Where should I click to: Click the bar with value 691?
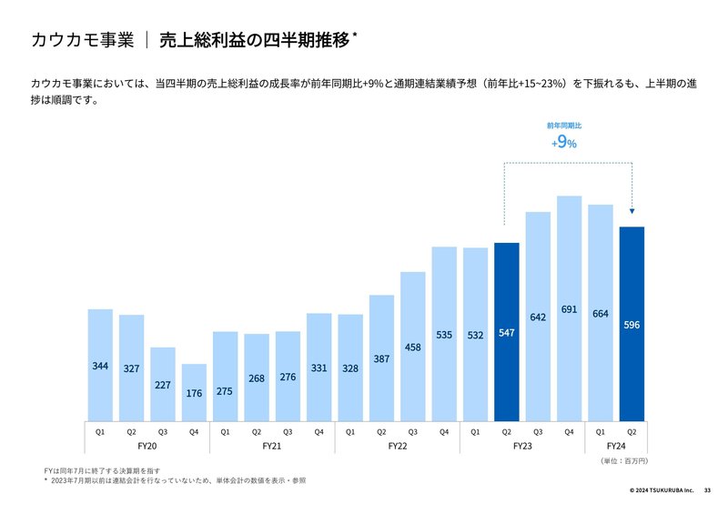click(x=569, y=273)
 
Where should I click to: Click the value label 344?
click(x=100, y=366)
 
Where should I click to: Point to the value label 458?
click(x=412, y=347)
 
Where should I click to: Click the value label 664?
click(x=600, y=314)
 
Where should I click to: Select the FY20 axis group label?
click(x=147, y=447)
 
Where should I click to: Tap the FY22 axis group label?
click(x=397, y=447)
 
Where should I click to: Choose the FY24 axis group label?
click(x=616, y=447)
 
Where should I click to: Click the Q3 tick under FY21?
click(x=288, y=431)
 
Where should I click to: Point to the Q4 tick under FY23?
click(x=569, y=431)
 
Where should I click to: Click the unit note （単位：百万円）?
click(x=623, y=462)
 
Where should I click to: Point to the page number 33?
click(x=708, y=490)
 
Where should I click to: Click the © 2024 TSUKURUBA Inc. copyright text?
click(x=662, y=490)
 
